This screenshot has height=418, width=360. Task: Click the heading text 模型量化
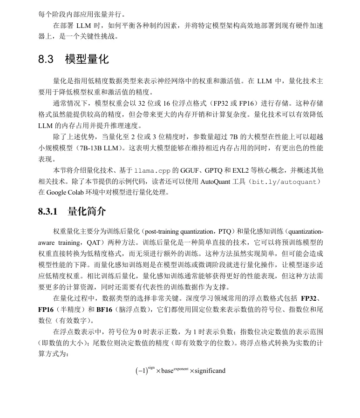click(87, 60)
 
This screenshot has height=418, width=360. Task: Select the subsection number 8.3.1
click(48, 212)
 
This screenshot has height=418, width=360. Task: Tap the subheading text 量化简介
click(87, 212)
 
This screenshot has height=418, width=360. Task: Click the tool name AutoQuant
click(215, 182)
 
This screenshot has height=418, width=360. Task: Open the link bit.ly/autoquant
click(284, 182)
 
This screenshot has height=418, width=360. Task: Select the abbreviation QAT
click(94, 243)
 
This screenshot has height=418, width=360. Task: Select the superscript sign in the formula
click(151, 367)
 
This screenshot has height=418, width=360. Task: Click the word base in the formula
click(167, 371)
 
